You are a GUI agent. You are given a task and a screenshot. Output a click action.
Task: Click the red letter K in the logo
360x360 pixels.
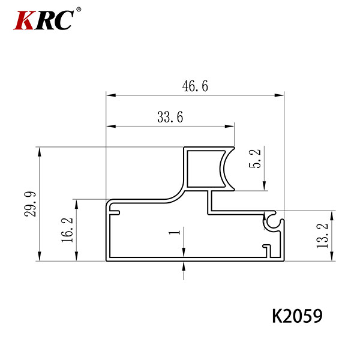pos(24,20)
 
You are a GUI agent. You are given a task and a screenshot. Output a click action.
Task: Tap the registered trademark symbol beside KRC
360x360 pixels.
pos(79,10)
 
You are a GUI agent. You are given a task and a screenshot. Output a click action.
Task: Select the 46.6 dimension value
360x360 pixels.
pos(195,86)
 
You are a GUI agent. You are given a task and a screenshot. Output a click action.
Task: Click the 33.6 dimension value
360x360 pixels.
pos(170,117)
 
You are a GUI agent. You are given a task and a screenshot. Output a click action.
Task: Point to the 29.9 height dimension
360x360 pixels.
pos(30,204)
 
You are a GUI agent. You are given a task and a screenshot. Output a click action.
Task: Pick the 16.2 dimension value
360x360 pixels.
pos(67,230)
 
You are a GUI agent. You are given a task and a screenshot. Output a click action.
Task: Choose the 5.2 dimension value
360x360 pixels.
pos(255,158)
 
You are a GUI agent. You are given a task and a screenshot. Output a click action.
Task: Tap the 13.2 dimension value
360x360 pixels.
pos(322,235)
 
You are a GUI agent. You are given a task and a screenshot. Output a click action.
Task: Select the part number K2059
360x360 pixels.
pos(297,316)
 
